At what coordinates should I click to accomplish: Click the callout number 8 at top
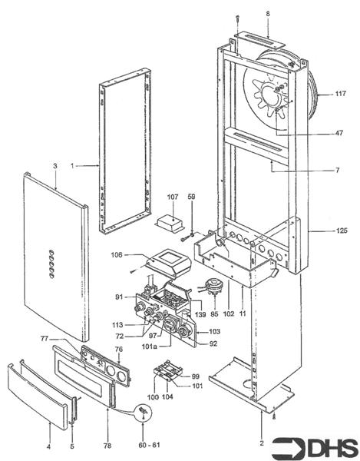click(x=268, y=13)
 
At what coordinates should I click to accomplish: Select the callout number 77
click(x=66, y=338)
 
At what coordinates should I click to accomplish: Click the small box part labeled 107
click(x=170, y=222)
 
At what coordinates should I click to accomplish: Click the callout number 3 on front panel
click(x=54, y=166)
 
